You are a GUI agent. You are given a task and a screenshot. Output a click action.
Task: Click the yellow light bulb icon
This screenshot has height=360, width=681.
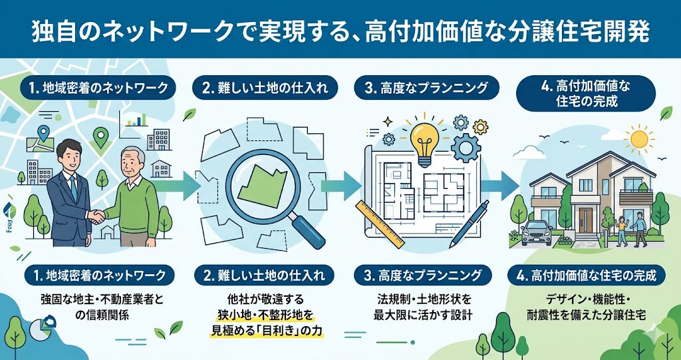pyautogui.click(x=424, y=140)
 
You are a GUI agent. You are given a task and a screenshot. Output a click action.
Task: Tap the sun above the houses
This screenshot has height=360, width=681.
pyautogui.click(x=640, y=139)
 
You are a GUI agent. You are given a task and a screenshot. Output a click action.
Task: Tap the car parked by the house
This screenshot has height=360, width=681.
pyautogui.click(x=536, y=232)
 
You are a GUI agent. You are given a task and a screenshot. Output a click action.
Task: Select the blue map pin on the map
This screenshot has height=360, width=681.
pyautogui.click(x=45, y=134)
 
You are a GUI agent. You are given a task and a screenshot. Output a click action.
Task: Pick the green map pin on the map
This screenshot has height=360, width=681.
pyautogui.click(x=100, y=138)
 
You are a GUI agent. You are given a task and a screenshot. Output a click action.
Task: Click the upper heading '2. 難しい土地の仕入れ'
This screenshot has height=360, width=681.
pyautogui.click(x=263, y=87)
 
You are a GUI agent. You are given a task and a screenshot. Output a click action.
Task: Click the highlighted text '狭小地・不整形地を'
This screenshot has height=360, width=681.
pyautogui.click(x=265, y=313)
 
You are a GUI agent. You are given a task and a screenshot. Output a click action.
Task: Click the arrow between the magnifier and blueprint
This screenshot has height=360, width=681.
pyautogui.click(x=346, y=181)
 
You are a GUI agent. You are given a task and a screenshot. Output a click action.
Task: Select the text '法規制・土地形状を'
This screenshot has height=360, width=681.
pyautogui.click(x=426, y=297)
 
